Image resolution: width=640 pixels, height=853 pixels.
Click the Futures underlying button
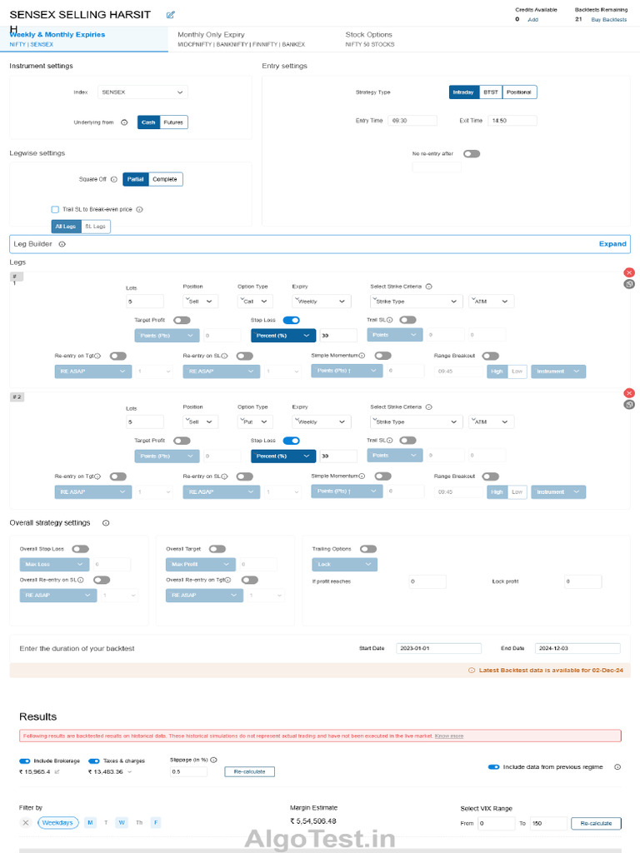point(173,122)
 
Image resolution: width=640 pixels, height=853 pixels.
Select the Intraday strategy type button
point(463,92)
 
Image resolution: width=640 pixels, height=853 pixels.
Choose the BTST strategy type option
point(490,92)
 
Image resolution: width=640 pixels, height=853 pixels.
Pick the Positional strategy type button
point(519,92)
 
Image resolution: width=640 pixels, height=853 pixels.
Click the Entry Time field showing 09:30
point(412,121)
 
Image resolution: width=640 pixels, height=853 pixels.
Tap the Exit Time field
point(512,121)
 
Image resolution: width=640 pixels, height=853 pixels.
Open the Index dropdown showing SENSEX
point(142,92)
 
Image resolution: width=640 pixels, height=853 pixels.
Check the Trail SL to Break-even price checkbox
point(55,210)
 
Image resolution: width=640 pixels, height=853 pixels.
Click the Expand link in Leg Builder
point(612,244)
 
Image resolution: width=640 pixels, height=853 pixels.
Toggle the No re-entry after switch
point(472,153)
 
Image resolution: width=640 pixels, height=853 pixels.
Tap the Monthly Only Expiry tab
point(211,35)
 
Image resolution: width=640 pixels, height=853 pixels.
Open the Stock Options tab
point(368,35)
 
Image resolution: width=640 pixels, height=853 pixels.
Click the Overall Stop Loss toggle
point(81,549)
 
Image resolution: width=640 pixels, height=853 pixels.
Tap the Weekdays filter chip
point(58,823)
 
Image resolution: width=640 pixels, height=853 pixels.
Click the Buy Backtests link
point(608,19)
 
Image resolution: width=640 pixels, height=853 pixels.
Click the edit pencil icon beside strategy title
point(170,15)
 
